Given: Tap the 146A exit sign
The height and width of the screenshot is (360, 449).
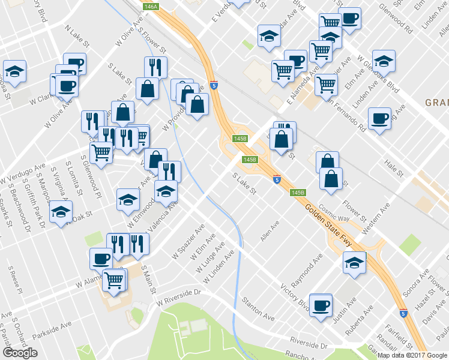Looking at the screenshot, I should (151, 6).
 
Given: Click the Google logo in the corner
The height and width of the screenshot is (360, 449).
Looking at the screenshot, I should (20, 353).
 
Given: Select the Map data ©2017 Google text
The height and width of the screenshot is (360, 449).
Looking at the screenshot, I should (412, 355).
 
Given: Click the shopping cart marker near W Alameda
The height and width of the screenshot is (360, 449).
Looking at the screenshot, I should (114, 279).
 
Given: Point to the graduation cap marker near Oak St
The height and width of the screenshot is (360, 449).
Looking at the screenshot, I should (61, 212).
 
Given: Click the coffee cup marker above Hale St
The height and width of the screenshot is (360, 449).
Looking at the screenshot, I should (379, 118).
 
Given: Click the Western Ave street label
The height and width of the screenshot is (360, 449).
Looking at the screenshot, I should (376, 215).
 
